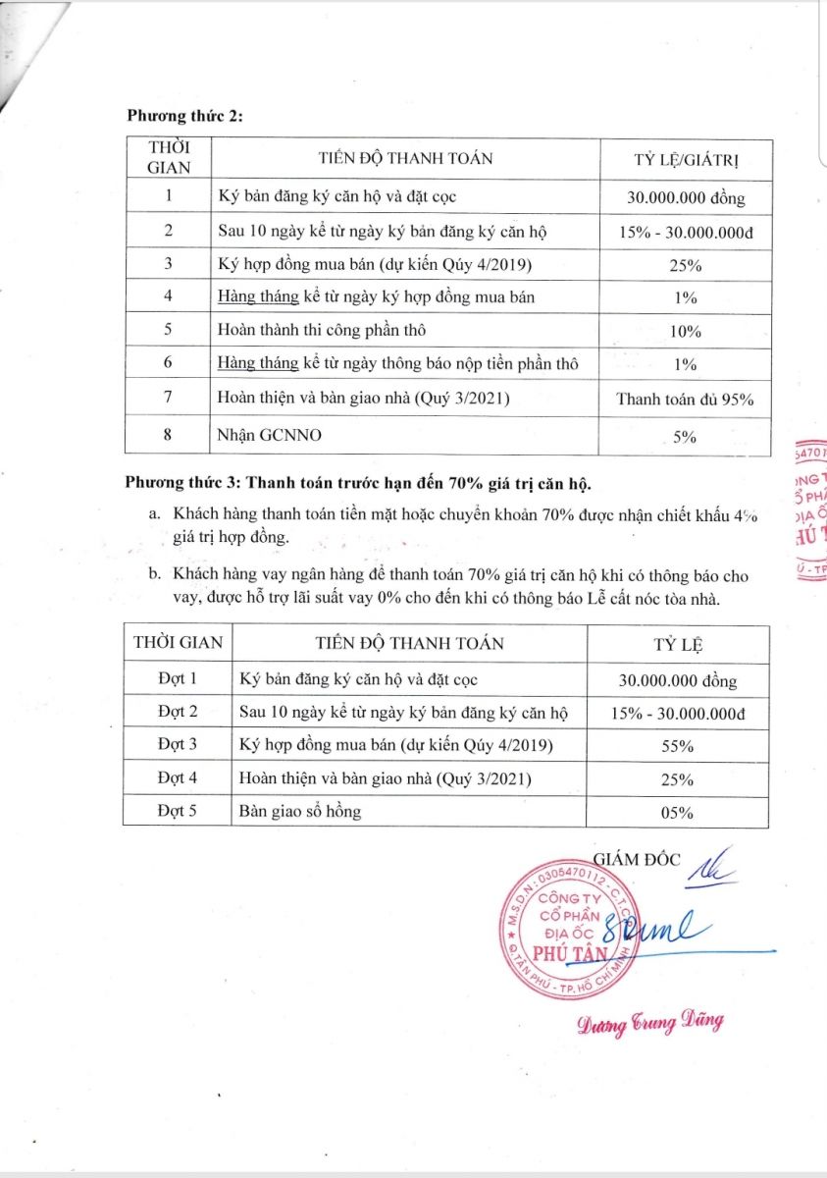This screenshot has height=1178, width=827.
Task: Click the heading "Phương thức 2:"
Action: click(x=184, y=115)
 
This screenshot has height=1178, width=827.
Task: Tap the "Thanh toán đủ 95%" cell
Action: click(x=685, y=399)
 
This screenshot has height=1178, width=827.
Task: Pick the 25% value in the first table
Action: click(x=685, y=264)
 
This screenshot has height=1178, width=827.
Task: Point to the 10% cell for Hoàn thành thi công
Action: click(x=685, y=331)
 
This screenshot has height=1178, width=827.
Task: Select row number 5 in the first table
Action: click(x=169, y=330)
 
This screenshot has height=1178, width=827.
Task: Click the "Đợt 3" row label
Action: click(x=178, y=745)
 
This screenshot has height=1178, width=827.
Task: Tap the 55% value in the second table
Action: click(x=678, y=746)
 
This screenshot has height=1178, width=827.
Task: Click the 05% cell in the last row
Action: click(x=678, y=812)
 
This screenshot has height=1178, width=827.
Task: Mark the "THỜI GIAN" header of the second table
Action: click(x=178, y=644)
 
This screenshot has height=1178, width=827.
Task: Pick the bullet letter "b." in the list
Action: click(x=155, y=576)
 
